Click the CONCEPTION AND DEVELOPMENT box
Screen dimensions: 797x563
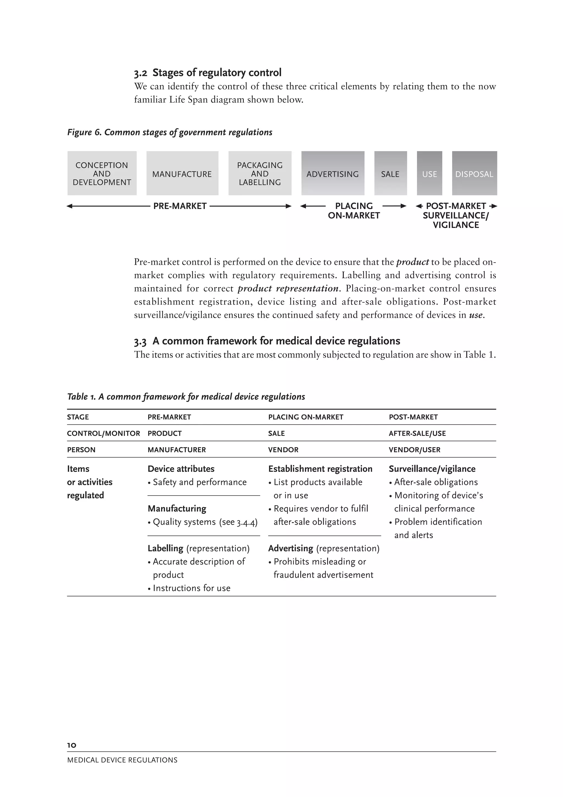[102, 174]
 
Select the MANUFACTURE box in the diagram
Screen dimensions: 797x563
[182, 174]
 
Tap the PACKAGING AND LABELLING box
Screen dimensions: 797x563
[260, 174]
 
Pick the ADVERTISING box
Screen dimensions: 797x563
[333, 174]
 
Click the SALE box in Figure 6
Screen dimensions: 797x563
[390, 174]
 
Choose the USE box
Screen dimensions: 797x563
[429, 174]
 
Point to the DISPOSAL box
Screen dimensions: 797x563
[474, 174]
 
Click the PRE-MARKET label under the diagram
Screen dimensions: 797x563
[180, 206]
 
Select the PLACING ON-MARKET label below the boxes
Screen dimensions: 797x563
[354, 211]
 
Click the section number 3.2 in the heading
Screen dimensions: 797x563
[140, 73]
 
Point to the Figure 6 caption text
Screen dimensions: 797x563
[170, 132]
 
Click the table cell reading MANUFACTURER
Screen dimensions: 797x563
[176, 450]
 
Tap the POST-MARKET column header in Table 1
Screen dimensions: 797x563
[413, 417]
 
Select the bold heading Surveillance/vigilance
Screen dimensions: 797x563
[432, 469]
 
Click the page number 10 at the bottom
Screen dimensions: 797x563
[71, 745]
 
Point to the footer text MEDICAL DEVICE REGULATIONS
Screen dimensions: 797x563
[122, 760]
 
